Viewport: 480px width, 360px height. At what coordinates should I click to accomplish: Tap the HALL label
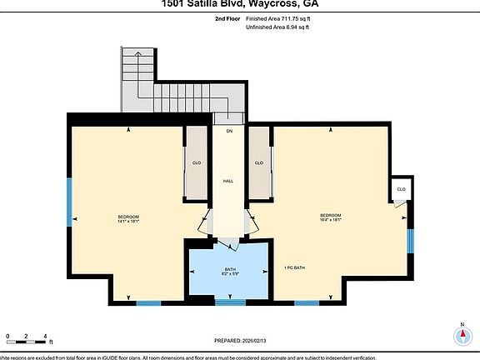coord(227,181)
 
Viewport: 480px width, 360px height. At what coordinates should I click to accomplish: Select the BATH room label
coord(230,269)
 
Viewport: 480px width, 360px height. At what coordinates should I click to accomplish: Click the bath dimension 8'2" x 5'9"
coord(230,274)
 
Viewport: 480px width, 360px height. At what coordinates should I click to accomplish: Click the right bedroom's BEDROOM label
coord(331,217)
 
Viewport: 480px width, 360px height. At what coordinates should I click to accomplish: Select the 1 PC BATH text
coord(295,267)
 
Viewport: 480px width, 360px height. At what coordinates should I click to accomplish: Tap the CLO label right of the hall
coord(258,162)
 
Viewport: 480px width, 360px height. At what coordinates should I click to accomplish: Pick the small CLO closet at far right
coord(401,189)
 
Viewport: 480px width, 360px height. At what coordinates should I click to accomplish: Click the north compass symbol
coord(462,335)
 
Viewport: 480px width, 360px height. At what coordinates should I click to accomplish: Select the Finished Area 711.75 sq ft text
coord(277,17)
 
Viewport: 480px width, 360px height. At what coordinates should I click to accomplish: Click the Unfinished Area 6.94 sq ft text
coord(277,27)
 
